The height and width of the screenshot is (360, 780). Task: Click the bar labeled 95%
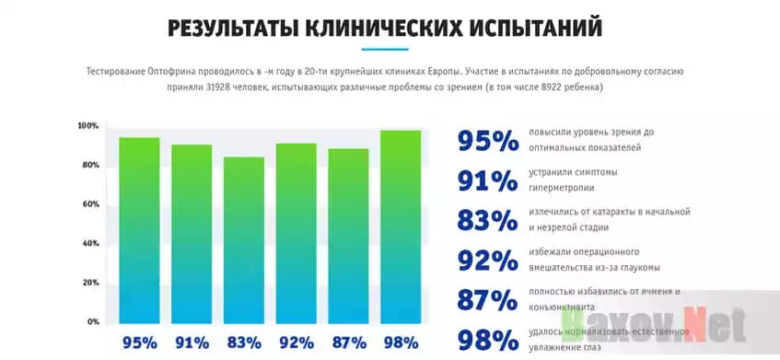coord(139,230)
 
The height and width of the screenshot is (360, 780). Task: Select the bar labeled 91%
coord(192,234)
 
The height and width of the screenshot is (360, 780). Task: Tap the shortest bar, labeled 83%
coord(244,240)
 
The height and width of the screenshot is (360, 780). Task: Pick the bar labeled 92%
coord(297,233)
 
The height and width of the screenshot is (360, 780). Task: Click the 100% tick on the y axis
coord(88,125)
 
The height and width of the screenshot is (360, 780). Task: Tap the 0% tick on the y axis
coord(92,322)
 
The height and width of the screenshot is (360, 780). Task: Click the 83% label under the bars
coord(245,343)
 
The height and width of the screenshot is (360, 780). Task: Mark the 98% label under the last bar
coord(402,343)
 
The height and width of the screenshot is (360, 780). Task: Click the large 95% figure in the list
coord(488,140)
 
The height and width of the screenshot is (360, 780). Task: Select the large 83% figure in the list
coord(488,221)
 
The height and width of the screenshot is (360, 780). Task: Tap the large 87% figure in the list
coord(488,300)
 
